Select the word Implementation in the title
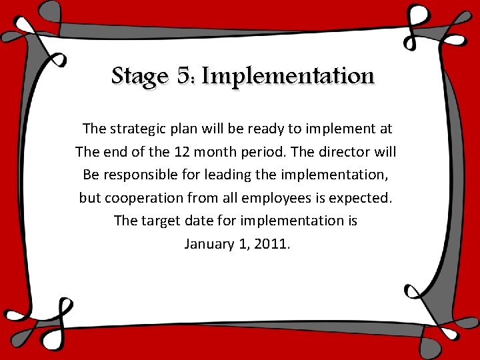(288, 77)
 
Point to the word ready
(259, 128)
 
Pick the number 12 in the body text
(180, 152)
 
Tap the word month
(214, 152)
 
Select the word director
(343, 152)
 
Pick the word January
(209, 244)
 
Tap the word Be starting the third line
(91, 175)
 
